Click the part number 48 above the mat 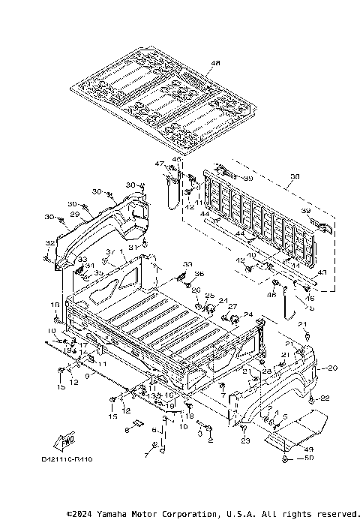coord(195,63)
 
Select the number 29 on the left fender coord(74,215)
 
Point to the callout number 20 coord(332,368)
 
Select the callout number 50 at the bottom coord(308,458)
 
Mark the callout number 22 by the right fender coord(325,398)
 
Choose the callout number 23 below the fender coord(245,441)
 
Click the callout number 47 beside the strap coord(160,164)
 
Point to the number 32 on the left coord(49,243)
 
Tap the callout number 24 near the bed coord(247,314)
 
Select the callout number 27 coord(232,306)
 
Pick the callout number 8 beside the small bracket coord(127,431)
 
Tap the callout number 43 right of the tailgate coord(322,272)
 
